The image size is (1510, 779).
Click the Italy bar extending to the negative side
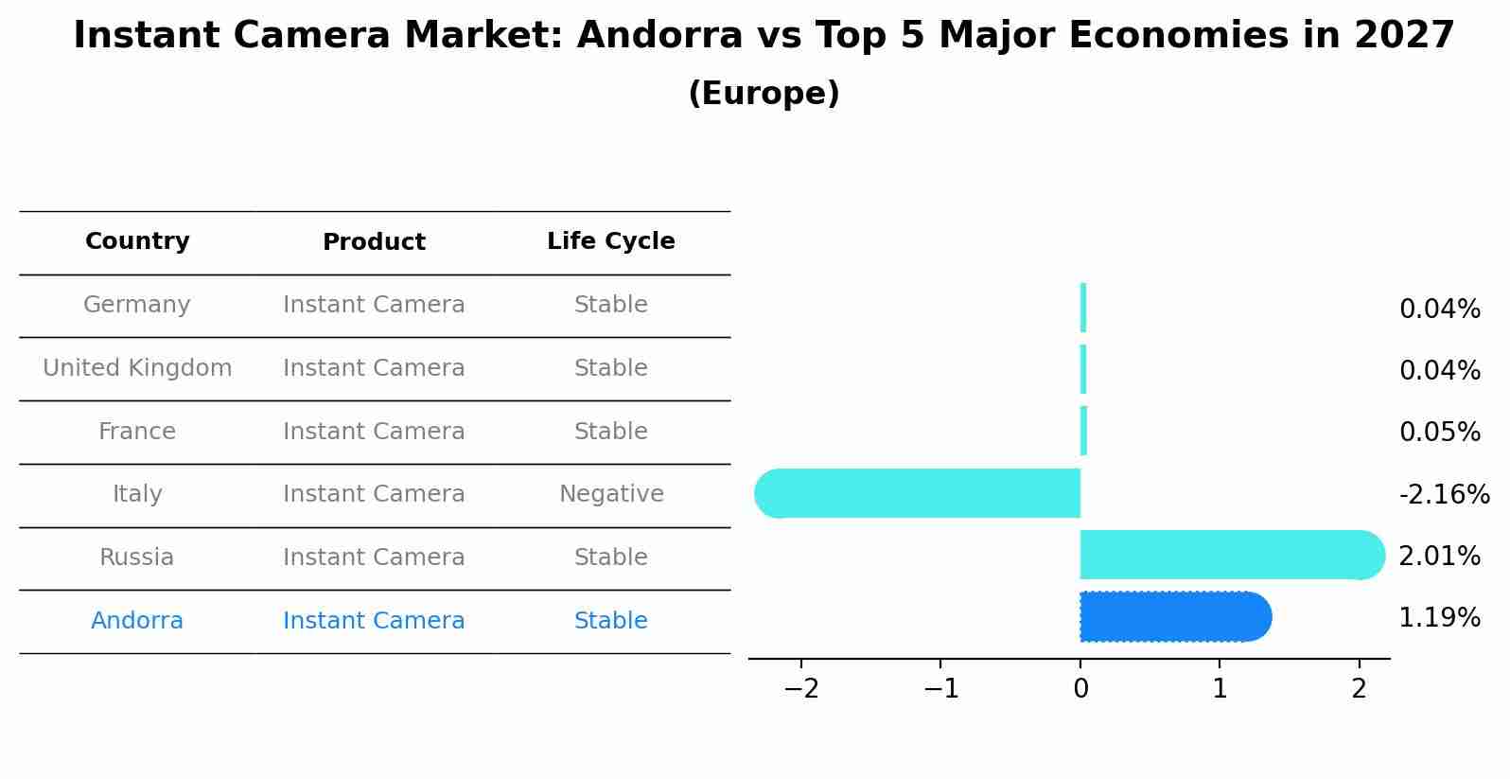tap(918, 493)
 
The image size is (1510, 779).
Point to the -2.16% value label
tap(1444, 495)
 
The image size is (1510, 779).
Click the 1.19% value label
tap(1439, 618)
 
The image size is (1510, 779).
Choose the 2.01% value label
tap(1439, 557)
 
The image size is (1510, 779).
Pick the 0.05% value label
tap(1439, 433)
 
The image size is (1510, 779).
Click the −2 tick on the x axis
tap(801, 689)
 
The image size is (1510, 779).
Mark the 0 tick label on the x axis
tap(1080, 689)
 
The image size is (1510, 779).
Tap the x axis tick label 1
tap(1220, 689)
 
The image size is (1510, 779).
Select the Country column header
tap(137, 241)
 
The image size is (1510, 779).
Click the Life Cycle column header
tap(611, 241)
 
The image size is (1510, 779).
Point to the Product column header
tap(374, 242)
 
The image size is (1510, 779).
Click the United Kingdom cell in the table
tap(137, 368)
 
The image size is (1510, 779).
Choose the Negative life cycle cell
tap(611, 494)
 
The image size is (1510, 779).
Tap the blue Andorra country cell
tap(137, 621)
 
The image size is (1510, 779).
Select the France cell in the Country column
tap(137, 432)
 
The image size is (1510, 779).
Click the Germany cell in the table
tap(137, 305)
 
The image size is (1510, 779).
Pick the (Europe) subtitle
tap(764, 94)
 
